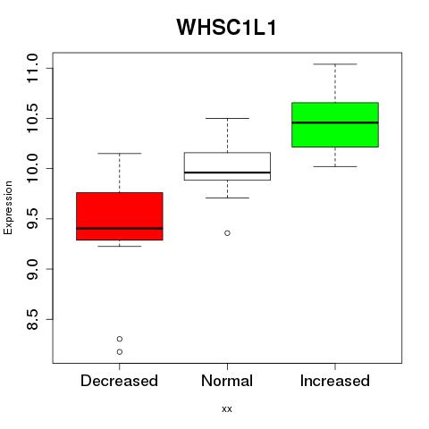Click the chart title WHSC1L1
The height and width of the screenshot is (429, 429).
click(227, 28)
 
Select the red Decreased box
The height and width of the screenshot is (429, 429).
click(120, 216)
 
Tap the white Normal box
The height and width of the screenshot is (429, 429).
click(227, 166)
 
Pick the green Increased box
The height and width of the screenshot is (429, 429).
click(335, 124)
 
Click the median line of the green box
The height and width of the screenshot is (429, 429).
click(335, 122)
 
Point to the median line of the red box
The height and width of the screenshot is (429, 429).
click(120, 229)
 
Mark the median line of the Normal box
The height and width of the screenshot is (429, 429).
click(227, 172)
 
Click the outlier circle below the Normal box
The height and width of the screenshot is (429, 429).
click(227, 233)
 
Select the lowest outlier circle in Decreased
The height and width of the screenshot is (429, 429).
click(120, 352)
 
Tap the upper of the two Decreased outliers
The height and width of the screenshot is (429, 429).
click(120, 339)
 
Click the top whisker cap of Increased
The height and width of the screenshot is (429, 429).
click(335, 64)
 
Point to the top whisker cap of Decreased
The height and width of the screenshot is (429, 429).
click(120, 154)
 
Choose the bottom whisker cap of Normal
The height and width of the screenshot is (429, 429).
click(227, 198)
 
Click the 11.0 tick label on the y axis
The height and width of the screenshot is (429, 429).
click(32, 68)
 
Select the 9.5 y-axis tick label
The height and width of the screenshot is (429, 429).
click(32, 219)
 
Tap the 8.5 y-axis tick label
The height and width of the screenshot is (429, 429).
click(32, 319)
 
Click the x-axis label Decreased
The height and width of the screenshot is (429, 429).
click(119, 381)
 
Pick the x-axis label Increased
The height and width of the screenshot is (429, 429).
click(335, 381)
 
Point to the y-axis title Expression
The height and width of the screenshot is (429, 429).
click(8, 207)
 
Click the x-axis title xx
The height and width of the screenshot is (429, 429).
click(227, 409)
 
